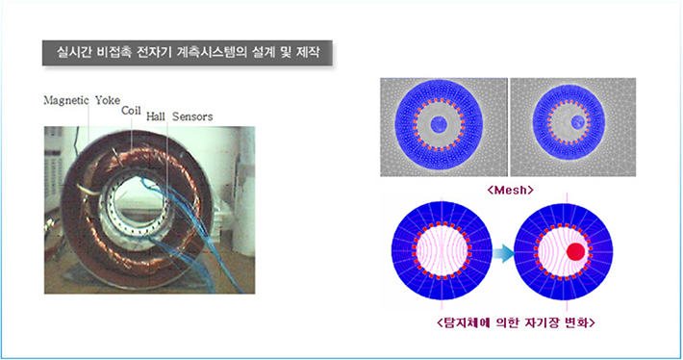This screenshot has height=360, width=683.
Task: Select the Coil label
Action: click(131, 111)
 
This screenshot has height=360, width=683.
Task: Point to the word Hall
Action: click(156, 117)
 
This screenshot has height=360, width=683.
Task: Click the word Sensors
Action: click(191, 117)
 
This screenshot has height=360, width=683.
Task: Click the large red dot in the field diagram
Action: click(574, 252)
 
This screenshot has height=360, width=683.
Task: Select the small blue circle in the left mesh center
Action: click(439, 125)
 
